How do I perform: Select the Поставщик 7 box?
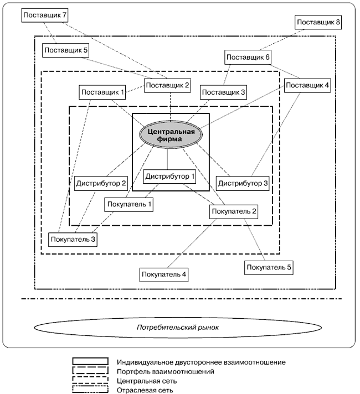(x=44, y=15)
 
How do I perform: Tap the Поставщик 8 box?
(x=318, y=23)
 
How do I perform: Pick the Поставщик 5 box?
(x=65, y=50)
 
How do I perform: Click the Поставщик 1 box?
(x=103, y=92)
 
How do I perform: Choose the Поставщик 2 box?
(x=167, y=85)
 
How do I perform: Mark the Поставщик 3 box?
(x=223, y=92)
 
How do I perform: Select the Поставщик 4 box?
(x=307, y=86)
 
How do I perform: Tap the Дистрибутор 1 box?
(x=170, y=177)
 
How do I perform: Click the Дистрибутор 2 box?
(x=101, y=183)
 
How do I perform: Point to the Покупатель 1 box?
(x=128, y=204)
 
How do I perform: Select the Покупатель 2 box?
(x=234, y=211)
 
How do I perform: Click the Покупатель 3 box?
(x=73, y=240)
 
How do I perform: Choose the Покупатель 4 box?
(x=164, y=274)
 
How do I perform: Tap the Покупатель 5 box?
(x=268, y=267)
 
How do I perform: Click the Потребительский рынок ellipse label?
(x=178, y=328)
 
